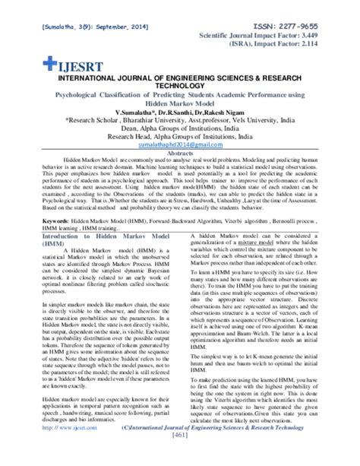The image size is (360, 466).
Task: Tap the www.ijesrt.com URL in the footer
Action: tap(62, 448)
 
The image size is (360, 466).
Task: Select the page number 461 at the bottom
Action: tap(179, 457)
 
